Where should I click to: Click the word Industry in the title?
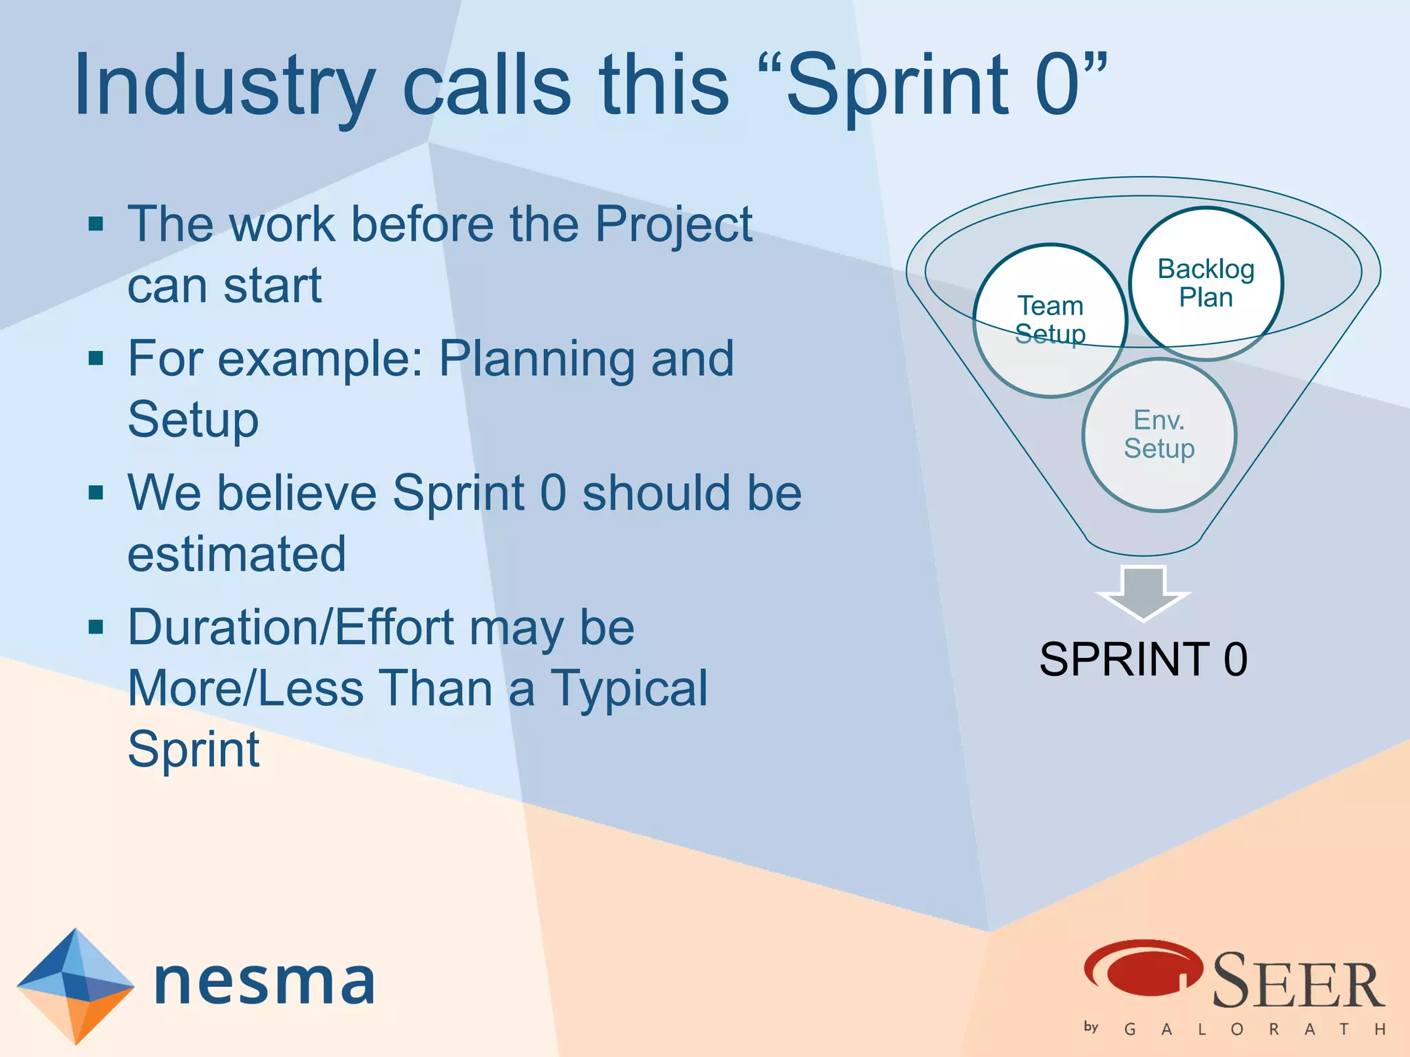point(224,86)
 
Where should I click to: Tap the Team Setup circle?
point(1050,320)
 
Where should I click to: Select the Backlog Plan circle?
point(1206,283)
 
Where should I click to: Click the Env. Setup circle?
point(1159,434)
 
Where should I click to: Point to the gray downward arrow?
point(1144,592)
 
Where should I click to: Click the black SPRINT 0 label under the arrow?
point(1143,659)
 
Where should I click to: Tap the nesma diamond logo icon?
point(75,985)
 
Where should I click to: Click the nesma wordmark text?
point(265,981)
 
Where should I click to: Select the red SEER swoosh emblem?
point(1143,968)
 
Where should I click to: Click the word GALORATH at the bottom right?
point(1253,1029)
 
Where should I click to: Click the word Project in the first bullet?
point(673,224)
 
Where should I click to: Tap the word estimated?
point(237,554)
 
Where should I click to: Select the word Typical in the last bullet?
point(628,688)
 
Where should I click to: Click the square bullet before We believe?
point(96,493)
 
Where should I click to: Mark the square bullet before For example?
point(96,359)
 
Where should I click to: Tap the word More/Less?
point(246,688)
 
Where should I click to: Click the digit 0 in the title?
point(1057,86)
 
